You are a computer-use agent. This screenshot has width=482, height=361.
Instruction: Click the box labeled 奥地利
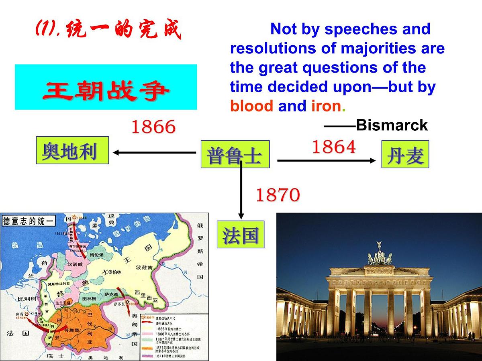72,150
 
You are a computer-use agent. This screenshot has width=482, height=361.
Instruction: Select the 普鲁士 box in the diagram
235,154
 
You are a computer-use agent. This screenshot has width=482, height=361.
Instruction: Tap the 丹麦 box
405,154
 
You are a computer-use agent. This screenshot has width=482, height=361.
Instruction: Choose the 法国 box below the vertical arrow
241,234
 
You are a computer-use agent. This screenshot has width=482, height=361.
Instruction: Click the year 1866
154,128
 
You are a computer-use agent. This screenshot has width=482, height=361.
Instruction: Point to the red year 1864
334,147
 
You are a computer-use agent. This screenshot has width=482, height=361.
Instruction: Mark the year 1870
278,195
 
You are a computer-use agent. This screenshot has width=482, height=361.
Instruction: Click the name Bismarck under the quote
392,126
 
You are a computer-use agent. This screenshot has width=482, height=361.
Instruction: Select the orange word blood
251,106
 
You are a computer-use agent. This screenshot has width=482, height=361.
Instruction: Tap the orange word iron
326,106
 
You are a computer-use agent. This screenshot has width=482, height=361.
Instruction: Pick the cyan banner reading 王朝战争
106,87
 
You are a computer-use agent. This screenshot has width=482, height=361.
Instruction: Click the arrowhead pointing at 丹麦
372,160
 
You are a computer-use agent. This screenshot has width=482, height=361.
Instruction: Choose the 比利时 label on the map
15,299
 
